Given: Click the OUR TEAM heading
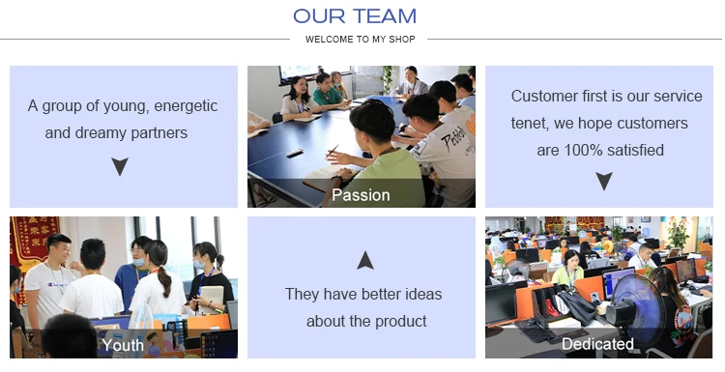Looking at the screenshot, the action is pos(355,16).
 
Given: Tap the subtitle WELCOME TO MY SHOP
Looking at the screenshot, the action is pos(361,40).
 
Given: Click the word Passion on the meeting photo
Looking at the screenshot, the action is pos(361,195).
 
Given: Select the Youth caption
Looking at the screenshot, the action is pos(123,345).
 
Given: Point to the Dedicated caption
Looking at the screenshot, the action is pos(597,344).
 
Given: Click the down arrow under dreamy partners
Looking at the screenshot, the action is pos(120,166).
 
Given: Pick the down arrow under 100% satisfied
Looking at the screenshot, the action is pos(604,181).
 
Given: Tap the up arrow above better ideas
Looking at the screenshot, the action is pos(365,260).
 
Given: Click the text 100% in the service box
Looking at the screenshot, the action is pos(583,150).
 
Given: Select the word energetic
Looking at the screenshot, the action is pos(186,106).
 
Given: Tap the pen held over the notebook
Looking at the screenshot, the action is pos(333,152).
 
